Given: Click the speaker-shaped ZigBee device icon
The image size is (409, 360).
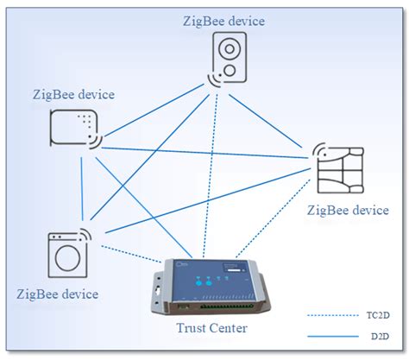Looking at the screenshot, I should (230, 58).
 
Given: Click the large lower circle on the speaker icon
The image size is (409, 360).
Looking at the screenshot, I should (230, 67).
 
